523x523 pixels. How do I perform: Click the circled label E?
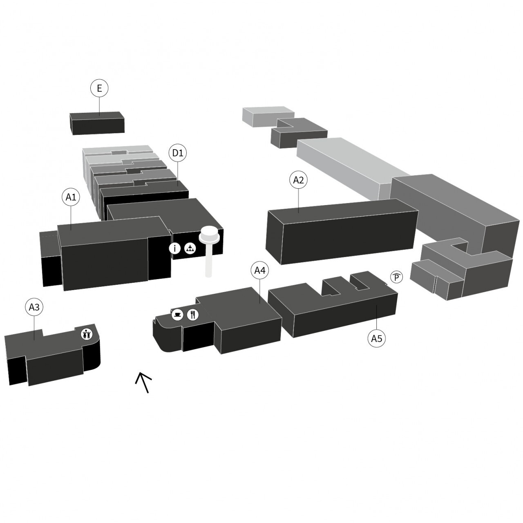click(99, 88)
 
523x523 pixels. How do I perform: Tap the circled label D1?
click(178, 153)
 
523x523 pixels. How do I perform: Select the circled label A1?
click(71, 197)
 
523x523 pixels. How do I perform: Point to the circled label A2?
click(299, 180)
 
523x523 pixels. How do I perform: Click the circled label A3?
click(34, 307)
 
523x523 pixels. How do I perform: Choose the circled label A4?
click(260, 270)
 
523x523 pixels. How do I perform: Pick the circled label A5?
click(376, 338)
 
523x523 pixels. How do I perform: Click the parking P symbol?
click(397, 277)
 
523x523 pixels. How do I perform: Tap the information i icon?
click(175, 248)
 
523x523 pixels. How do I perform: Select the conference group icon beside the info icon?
click(190, 248)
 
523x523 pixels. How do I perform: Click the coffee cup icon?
click(177, 315)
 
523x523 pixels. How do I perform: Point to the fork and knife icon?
click(193, 315)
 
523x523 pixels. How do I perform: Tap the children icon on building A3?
click(87, 334)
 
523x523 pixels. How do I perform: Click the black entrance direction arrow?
click(143, 382)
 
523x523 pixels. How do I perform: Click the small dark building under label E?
click(97, 123)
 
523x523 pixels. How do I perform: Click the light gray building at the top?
click(268, 116)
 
